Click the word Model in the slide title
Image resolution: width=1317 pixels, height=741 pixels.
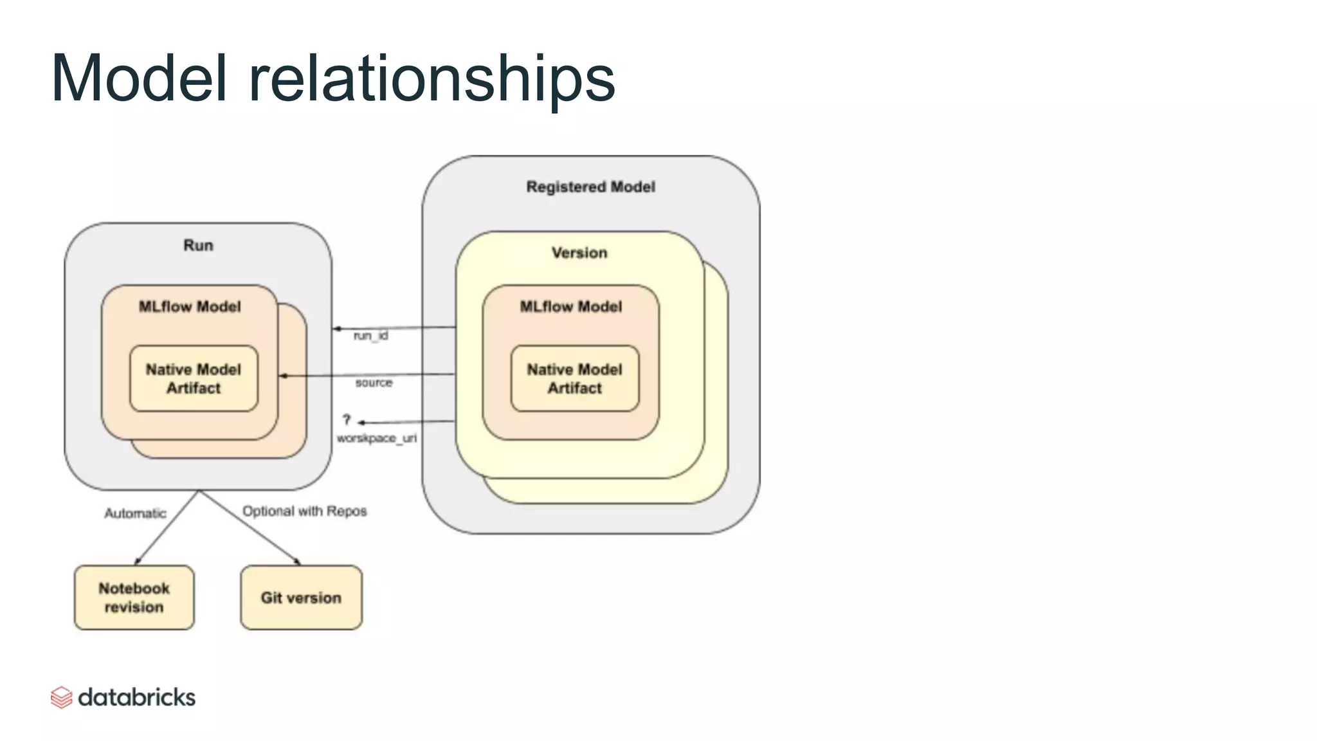139,78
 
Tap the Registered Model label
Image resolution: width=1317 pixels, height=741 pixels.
590,187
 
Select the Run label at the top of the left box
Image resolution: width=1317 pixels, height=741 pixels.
198,245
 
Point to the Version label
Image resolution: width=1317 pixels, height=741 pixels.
579,253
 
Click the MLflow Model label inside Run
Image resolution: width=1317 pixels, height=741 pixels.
190,307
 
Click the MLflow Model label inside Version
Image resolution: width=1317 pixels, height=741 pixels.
570,307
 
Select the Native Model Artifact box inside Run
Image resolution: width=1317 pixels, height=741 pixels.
194,379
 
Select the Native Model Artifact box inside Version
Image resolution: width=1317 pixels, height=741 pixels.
575,379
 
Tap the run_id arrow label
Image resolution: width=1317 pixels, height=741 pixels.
370,336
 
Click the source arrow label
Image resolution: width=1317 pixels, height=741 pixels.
374,383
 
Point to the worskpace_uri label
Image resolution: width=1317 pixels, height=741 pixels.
377,438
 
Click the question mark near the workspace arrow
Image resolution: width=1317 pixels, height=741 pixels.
347,420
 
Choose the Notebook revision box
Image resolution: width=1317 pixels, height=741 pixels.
134,598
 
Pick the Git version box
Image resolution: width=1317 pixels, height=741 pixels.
301,598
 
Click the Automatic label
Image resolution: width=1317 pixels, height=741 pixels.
135,513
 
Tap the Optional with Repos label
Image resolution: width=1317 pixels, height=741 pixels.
304,511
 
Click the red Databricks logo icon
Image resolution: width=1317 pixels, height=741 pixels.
61,697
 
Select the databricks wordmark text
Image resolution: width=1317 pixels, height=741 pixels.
136,697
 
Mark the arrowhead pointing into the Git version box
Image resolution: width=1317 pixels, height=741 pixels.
297,562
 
